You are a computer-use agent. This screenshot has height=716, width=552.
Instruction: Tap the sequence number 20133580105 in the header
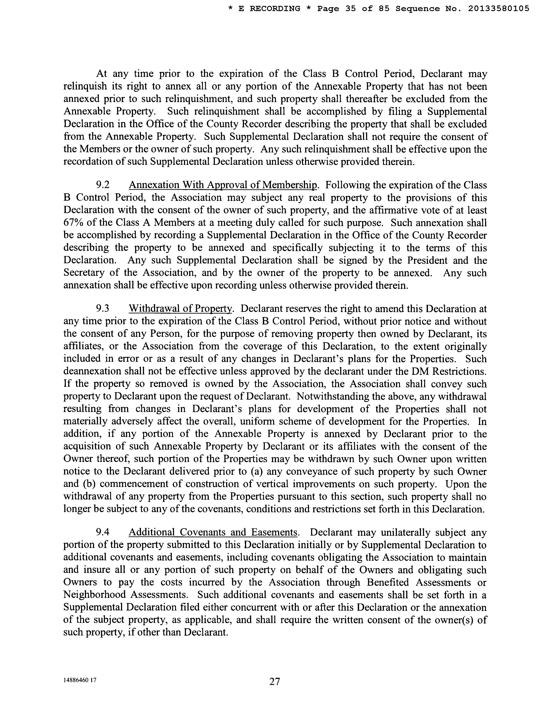pos(498,9)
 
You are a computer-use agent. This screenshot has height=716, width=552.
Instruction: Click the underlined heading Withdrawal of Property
pos(180,309)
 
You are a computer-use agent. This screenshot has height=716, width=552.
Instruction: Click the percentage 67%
pos(73,223)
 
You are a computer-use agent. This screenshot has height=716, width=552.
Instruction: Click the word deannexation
pos(93,371)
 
